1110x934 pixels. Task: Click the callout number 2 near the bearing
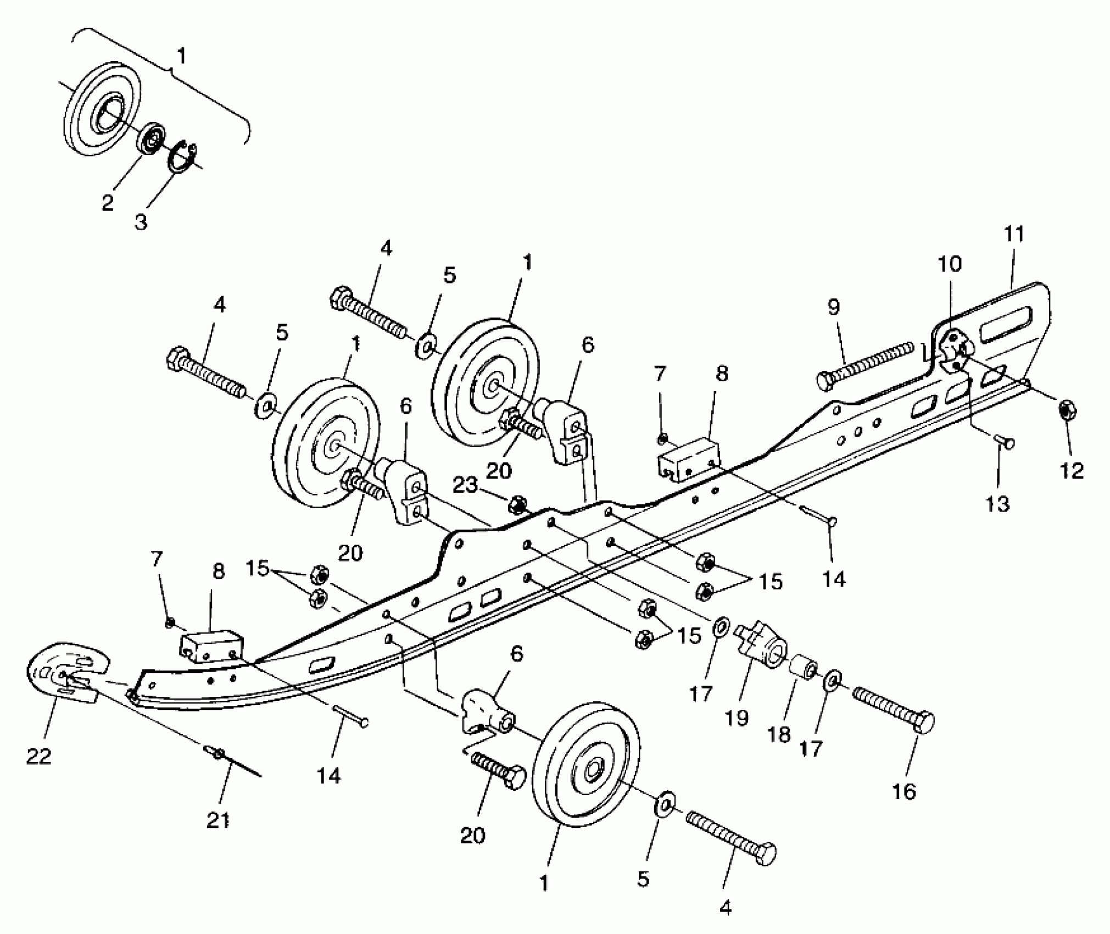[108, 202]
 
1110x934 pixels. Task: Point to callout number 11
[1014, 234]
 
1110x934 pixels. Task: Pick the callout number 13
[998, 504]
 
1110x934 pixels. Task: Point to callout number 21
[218, 820]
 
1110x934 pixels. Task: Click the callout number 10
[950, 264]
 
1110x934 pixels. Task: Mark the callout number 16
[904, 792]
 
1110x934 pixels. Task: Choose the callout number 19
[737, 718]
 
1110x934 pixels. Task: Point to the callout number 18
[778, 735]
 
